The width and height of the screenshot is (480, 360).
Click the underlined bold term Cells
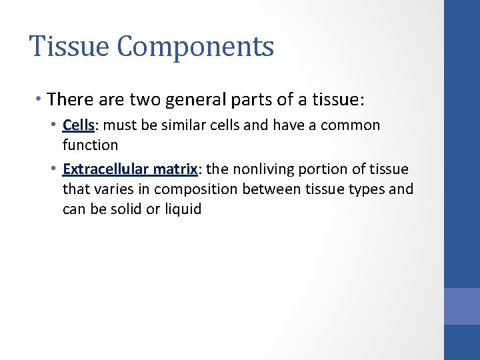coord(78,125)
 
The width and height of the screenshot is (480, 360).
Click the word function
coord(90,145)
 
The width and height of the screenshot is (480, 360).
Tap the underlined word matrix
coord(169,169)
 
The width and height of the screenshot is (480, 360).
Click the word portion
coord(319,169)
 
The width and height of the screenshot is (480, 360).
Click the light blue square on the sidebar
coord(462,306)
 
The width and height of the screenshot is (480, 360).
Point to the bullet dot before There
coord(40,100)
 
